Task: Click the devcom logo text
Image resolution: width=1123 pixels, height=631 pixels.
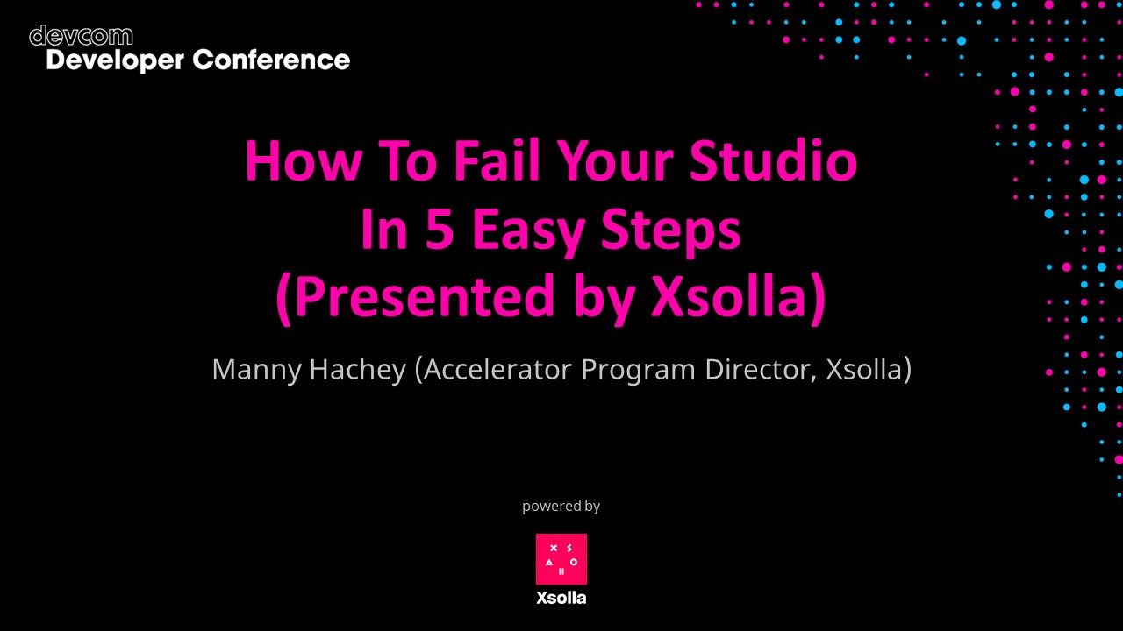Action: pyautogui.click(x=81, y=36)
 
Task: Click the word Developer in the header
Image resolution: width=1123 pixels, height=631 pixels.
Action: pyautogui.click(x=115, y=60)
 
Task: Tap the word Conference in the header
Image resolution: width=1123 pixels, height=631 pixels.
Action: pyautogui.click(x=271, y=60)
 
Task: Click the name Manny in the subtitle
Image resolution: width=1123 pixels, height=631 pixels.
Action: pyautogui.click(x=256, y=369)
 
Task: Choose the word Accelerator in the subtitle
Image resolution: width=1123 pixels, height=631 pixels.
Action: pyautogui.click(x=497, y=369)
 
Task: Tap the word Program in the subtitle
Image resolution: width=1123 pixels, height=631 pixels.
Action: pyautogui.click(x=639, y=370)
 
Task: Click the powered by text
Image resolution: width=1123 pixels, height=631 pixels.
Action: pyautogui.click(x=561, y=506)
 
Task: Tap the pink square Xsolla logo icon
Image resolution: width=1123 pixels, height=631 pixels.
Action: pyautogui.click(x=561, y=559)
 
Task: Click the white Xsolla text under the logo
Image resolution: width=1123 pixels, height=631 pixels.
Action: pyautogui.click(x=561, y=599)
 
